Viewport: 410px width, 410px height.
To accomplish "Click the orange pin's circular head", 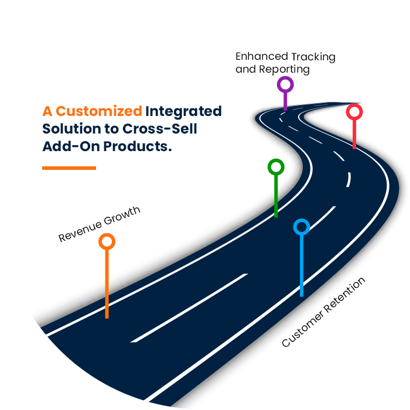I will [107, 241].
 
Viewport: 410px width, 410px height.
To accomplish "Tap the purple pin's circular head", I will [285, 85].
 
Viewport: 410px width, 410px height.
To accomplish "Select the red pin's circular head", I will [354, 111].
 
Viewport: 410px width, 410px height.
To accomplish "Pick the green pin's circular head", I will [276, 168].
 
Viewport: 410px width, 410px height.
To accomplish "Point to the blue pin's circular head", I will [301, 227].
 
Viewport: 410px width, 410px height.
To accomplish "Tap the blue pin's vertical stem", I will [302, 266].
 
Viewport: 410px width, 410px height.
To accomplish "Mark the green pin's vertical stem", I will [276, 196].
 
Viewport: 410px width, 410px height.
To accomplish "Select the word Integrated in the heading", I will [184, 111].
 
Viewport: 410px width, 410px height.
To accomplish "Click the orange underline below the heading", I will [69, 168].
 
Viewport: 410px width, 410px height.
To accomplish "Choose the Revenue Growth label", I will [100, 224].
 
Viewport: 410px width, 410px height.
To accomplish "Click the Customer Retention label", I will [323, 312].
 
